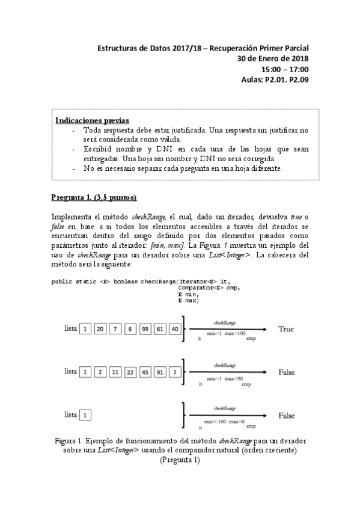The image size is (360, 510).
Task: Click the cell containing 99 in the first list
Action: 145,329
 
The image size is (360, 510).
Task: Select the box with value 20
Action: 100,329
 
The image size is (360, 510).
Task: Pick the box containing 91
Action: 160,372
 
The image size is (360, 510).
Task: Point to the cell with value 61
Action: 160,329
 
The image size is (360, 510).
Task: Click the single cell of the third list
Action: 85,415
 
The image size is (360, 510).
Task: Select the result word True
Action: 285,329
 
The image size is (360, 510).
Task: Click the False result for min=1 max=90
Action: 287,372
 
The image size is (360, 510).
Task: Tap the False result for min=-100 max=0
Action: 287,415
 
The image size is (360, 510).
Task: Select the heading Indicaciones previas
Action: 92,120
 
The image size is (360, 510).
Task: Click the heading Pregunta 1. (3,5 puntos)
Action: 94,197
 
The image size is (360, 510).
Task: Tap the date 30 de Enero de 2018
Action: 273,58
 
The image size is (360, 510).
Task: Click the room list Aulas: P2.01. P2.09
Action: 274,79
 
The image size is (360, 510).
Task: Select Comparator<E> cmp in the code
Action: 209,288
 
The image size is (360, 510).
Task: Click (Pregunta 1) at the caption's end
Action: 180,459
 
